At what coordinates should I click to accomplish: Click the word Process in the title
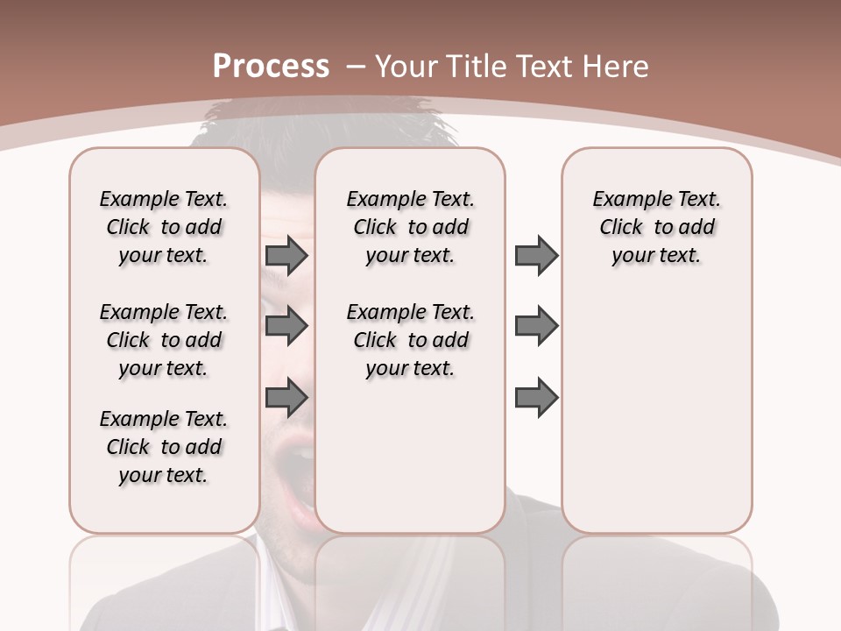point(271,67)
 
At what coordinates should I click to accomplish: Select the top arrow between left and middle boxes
point(286,256)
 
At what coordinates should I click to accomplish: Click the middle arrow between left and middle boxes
point(286,326)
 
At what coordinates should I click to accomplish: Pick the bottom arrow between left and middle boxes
point(286,397)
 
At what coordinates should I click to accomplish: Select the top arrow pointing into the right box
point(536,256)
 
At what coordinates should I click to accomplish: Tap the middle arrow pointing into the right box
point(536,326)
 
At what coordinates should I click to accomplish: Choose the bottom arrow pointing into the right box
point(536,397)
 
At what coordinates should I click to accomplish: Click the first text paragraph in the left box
point(164,227)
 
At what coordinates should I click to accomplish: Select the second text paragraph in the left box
point(164,340)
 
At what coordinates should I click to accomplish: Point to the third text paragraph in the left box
point(164,447)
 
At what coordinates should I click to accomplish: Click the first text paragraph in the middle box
point(411,227)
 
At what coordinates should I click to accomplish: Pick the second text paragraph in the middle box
point(411,340)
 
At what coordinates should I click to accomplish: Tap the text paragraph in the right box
point(656,227)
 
